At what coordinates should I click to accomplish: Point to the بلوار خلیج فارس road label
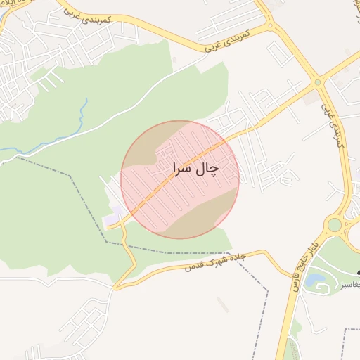click(300, 266)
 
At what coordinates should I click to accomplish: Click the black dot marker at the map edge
click(358, 273)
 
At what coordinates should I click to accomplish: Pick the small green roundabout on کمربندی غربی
click(318, 82)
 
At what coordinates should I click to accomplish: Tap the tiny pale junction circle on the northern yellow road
click(271, 27)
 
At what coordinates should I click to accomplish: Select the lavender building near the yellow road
click(112, 219)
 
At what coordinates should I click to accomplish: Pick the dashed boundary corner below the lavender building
click(107, 242)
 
